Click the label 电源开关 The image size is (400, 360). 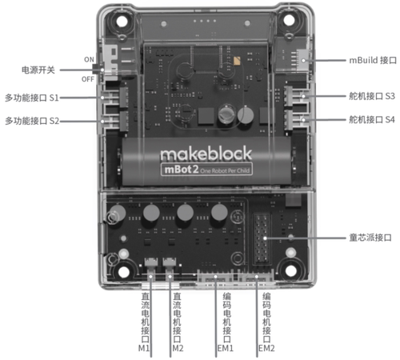[38, 70]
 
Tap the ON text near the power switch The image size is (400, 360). [89, 59]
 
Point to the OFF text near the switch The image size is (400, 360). [88, 79]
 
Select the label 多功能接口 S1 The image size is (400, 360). [32, 98]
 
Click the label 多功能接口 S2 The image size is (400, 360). [32, 121]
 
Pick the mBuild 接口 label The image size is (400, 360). [373, 60]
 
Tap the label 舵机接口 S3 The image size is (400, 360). [372, 96]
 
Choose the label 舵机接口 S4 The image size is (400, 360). [372, 119]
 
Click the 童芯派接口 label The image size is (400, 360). [370, 238]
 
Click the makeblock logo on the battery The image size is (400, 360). [206, 154]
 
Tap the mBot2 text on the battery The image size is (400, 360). [182, 170]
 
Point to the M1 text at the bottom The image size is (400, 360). [144, 348]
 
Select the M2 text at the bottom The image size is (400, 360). [178, 348]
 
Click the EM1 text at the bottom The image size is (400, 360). [226, 348]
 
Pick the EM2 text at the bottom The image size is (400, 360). [266, 348]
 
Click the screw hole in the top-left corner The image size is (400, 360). [122, 22]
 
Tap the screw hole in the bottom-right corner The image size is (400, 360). [290, 271]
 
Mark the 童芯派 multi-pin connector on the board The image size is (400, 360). [262, 238]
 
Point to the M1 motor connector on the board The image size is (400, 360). [151, 262]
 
